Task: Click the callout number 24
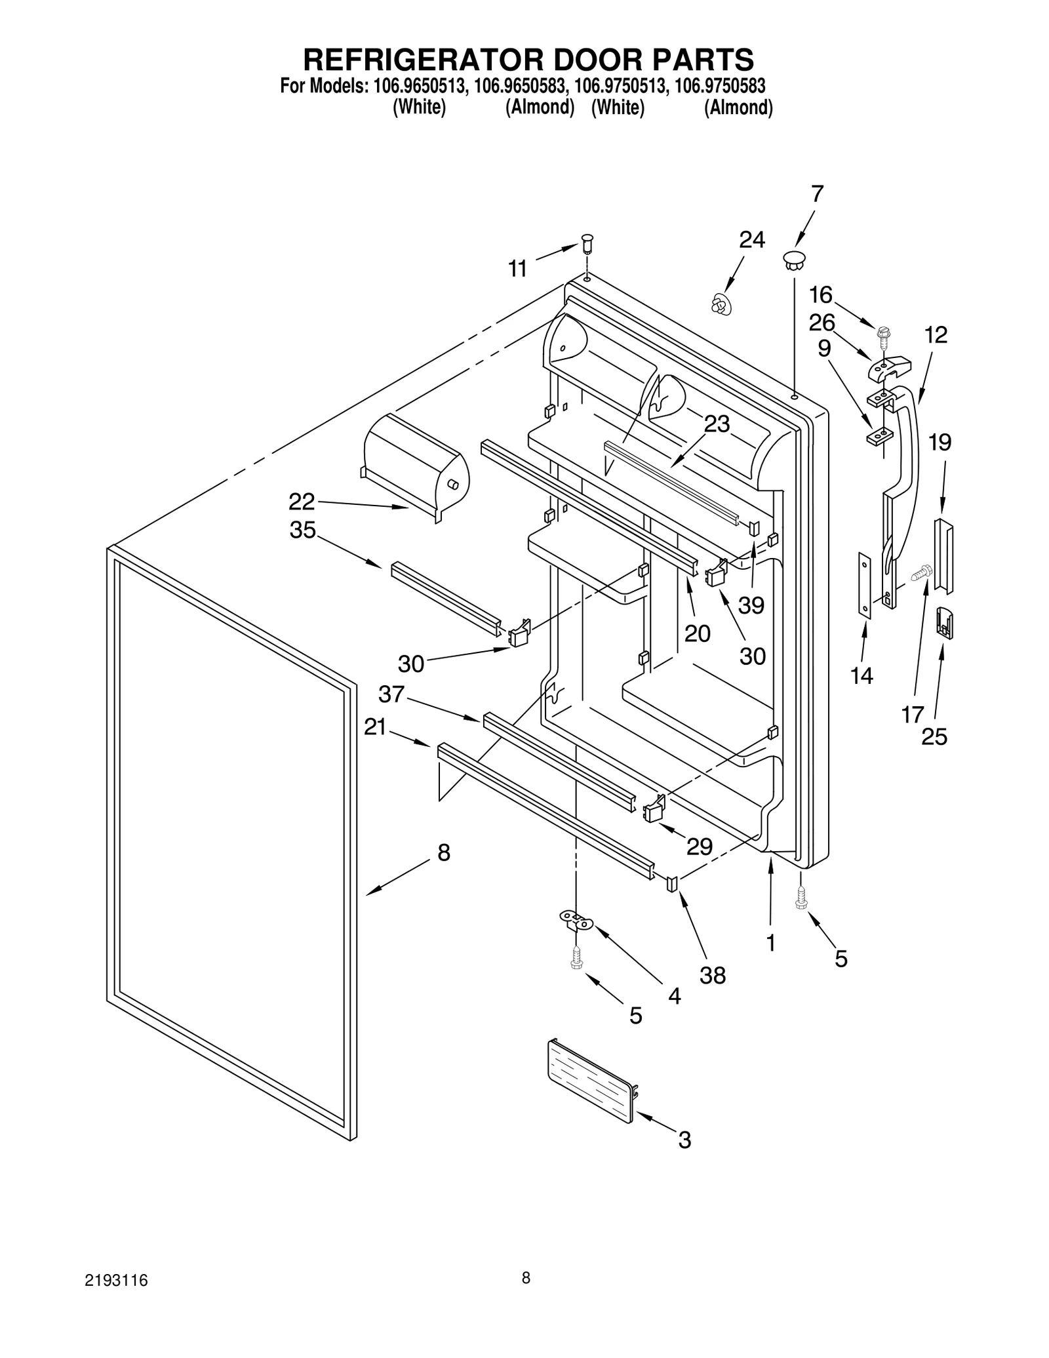(751, 240)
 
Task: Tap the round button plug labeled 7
(793, 258)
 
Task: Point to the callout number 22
(302, 502)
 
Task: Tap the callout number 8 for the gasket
(444, 852)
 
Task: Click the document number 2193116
(115, 1299)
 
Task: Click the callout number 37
(391, 694)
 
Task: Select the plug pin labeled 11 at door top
(587, 244)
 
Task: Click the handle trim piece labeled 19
(944, 555)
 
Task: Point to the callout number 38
(713, 975)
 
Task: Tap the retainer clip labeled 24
(721, 305)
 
